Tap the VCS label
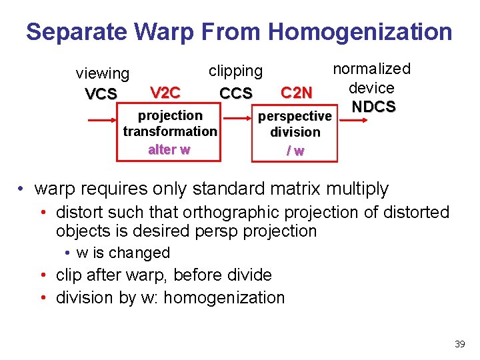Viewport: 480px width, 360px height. click(x=101, y=94)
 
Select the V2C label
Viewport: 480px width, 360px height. click(x=165, y=92)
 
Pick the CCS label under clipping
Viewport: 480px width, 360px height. click(x=236, y=93)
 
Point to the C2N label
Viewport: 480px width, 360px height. click(x=297, y=93)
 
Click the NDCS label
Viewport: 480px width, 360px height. click(x=374, y=107)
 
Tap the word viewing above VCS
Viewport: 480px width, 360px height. click(x=103, y=73)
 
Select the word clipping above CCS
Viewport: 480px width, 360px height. click(x=236, y=71)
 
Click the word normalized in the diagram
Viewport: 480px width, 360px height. click(x=372, y=69)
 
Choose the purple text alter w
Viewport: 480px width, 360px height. click(x=169, y=149)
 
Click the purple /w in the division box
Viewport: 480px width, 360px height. click(x=295, y=151)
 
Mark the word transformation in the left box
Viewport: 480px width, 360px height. click(x=170, y=131)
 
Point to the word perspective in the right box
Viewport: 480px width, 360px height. click(x=295, y=116)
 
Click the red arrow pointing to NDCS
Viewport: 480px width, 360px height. click(x=357, y=121)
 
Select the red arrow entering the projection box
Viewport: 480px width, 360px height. click(x=103, y=121)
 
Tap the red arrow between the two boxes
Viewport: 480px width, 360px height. click(x=237, y=121)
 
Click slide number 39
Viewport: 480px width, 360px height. click(x=459, y=344)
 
